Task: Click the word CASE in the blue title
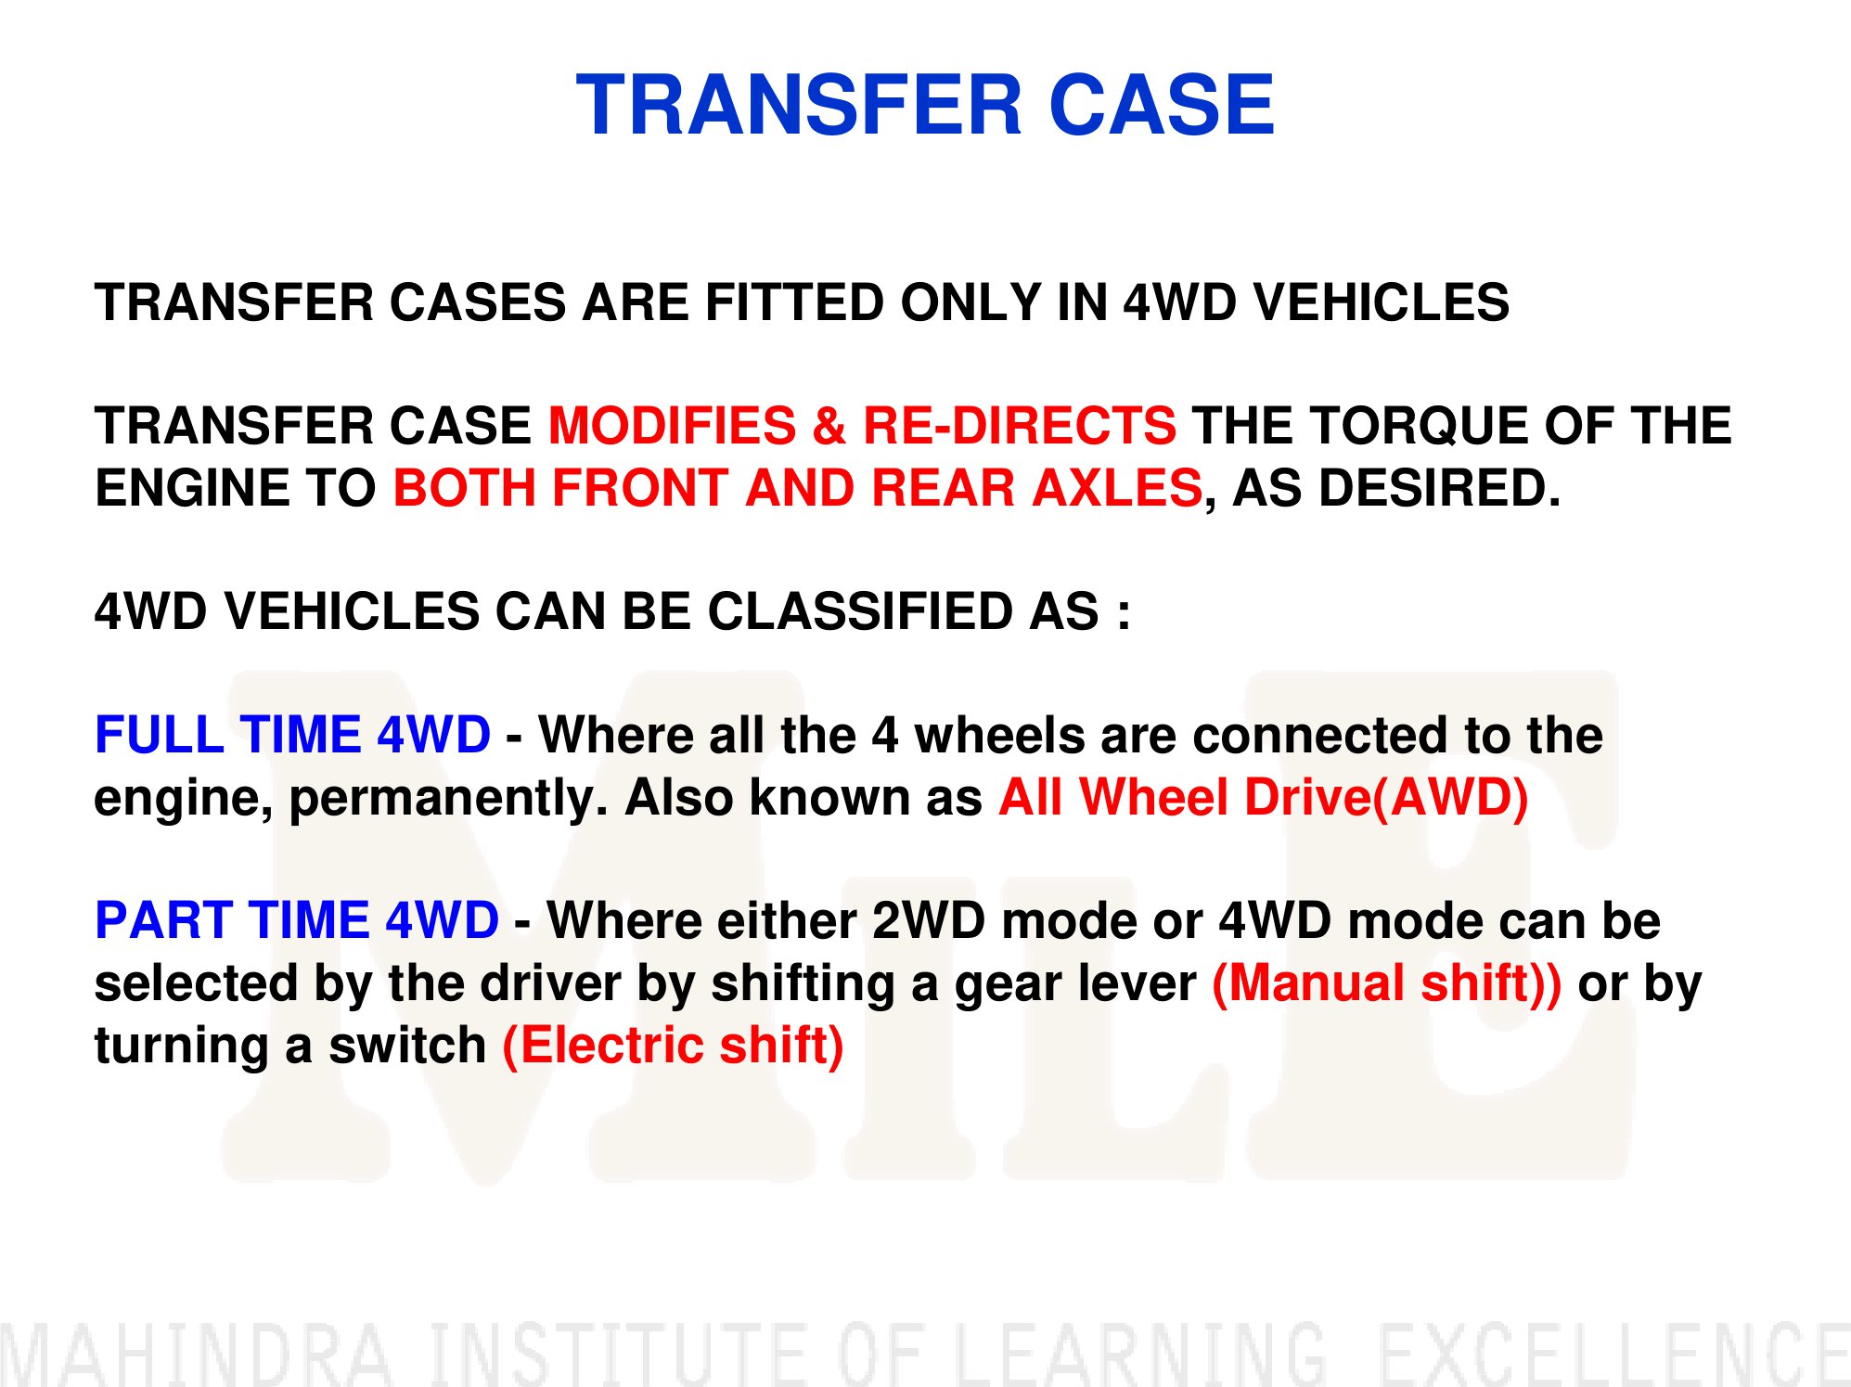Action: click(1163, 105)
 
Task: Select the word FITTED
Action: click(794, 302)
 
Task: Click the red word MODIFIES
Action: click(673, 426)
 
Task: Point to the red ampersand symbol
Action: click(829, 426)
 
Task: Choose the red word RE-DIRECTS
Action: click(1020, 426)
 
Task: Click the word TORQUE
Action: click(1419, 426)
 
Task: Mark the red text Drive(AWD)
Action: click(1385, 798)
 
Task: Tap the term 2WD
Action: click(929, 920)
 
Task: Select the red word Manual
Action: click(1316, 983)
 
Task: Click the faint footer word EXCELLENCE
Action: click(1613, 1355)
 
